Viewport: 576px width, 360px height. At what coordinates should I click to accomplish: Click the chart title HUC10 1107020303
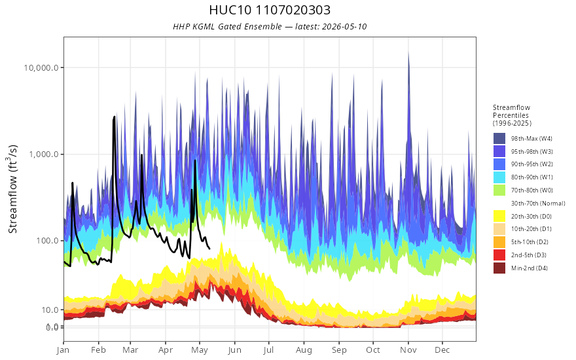(270, 10)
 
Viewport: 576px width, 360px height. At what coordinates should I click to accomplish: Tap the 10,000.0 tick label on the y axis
(41, 67)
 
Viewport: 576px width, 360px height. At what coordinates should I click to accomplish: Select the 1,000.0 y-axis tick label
(44, 154)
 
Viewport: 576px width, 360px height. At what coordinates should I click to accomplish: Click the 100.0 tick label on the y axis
(46, 241)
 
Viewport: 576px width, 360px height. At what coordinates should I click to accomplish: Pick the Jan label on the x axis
(63, 350)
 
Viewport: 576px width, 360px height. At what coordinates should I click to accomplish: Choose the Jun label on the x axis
(234, 350)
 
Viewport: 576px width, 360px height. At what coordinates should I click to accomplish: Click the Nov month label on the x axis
(408, 350)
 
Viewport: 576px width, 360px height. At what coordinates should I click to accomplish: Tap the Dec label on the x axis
(442, 350)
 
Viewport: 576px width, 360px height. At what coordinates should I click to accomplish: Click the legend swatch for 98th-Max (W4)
(499, 139)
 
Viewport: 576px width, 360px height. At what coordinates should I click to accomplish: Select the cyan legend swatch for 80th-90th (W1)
(499, 177)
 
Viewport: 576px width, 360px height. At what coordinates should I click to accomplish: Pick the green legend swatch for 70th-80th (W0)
(499, 190)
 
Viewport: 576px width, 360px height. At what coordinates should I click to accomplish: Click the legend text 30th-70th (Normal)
(538, 203)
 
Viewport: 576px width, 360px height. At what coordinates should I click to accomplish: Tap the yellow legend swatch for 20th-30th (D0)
(499, 216)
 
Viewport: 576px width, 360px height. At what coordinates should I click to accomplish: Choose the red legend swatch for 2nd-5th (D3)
(499, 255)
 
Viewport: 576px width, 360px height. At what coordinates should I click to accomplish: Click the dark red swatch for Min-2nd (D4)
(499, 268)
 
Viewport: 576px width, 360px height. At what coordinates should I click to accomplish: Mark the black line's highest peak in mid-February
(115, 117)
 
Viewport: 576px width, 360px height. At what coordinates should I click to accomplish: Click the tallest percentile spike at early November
(408, 52)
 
